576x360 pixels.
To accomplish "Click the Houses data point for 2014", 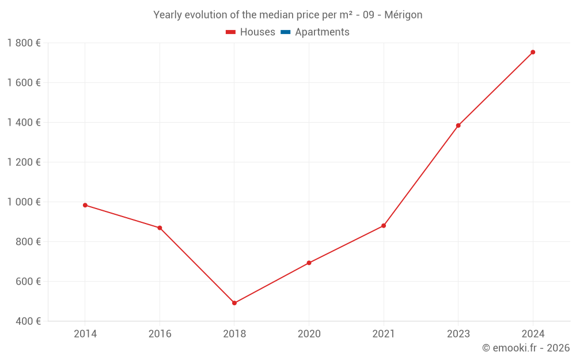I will (85, 205).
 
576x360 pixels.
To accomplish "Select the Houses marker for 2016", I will (160, 228).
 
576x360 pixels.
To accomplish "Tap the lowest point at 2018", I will (234, 303).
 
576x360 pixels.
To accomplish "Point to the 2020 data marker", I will (309, 263).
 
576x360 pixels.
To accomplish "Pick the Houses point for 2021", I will (384, 226).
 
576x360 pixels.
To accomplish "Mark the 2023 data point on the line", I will (458, 126).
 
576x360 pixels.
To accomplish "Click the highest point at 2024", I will (533, 52).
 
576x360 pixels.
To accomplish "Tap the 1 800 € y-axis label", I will (24, 43).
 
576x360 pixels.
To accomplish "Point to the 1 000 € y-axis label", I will (24, 202).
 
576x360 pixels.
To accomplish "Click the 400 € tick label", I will (27, 321).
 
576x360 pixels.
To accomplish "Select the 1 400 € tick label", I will (24, 123).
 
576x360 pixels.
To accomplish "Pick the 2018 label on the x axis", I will (234, 334).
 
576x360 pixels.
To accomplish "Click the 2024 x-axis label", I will (533, 334).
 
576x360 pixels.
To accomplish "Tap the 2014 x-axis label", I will (85, 334).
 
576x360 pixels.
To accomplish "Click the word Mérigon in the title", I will (403, 15).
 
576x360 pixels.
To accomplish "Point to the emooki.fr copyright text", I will (525, 348).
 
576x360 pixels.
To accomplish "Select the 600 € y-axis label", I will (27, 282).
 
